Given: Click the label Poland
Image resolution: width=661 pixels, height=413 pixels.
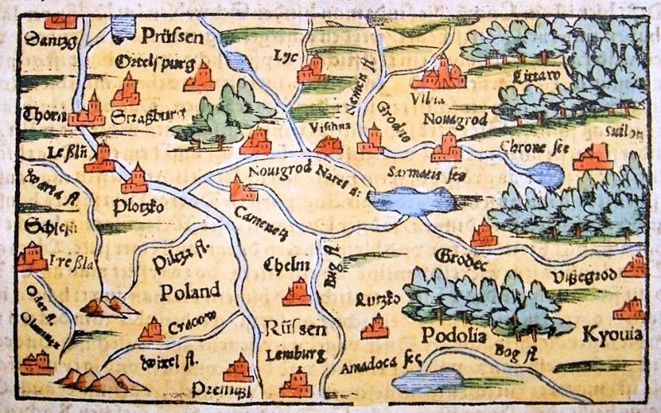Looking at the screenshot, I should [x=190, y=291].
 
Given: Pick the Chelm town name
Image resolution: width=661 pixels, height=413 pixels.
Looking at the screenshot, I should [x=285, y=264].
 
